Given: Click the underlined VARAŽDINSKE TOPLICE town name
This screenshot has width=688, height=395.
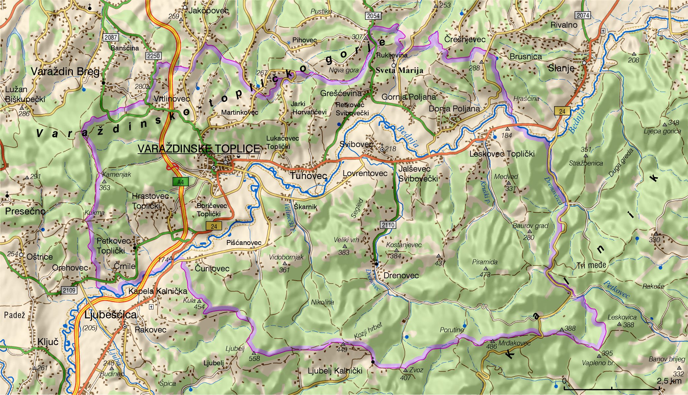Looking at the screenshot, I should (199, 149).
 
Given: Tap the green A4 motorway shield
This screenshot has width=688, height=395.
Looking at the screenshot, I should (180, 182).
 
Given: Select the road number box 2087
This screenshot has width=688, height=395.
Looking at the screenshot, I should (110, 37).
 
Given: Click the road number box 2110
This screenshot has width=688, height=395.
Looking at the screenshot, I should (388, 225).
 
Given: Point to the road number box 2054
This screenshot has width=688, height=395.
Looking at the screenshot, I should (373, 15).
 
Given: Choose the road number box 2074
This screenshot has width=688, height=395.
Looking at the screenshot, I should (583, 15).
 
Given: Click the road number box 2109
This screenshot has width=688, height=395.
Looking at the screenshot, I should (69, 290).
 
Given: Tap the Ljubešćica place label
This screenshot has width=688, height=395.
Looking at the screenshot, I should (110, 315).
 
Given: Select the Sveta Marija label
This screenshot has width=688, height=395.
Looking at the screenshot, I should (399, 70).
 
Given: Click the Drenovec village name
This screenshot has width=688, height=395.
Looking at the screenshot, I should (401, 275).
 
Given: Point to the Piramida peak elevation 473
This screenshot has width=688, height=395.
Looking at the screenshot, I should (485, 274).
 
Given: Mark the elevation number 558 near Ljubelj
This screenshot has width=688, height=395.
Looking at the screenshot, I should (254, 358).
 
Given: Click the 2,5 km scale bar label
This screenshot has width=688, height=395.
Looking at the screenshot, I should (669, 381).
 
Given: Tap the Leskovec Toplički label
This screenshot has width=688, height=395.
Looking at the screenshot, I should (502, 154).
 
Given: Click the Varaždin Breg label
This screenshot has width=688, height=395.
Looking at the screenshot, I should (65, 71).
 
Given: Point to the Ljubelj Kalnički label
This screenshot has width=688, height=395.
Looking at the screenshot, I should (335, 371).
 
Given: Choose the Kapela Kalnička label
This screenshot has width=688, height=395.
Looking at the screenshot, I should (158, 291).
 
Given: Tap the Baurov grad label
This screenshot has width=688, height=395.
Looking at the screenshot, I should (530, 226).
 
